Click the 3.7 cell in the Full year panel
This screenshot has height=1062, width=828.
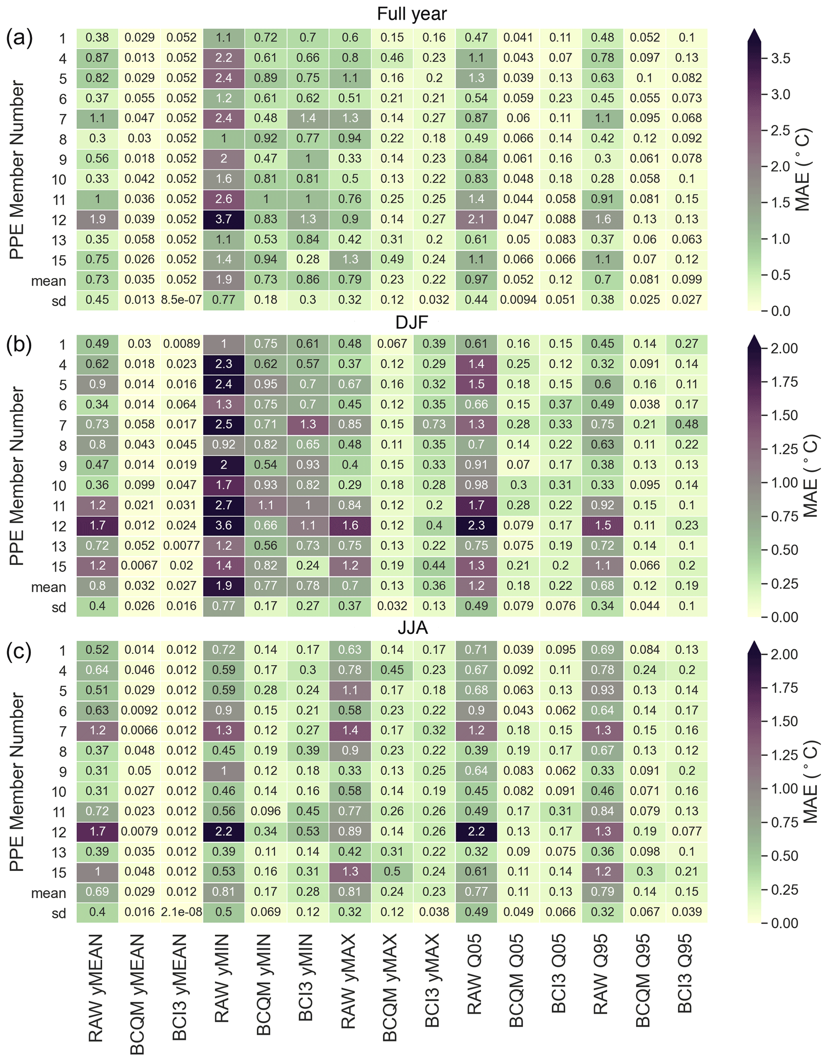(x=224, y=219)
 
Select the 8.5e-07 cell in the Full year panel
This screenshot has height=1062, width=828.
(x=181, y=300)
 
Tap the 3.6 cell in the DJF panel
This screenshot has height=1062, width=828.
(x=224, y=526)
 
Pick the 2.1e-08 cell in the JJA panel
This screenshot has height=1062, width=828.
(x=181, y=912)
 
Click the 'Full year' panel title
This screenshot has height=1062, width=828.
(x=412, y=14)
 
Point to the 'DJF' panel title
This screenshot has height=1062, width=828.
(x=412, y=322)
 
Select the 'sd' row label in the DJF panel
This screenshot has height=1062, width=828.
(x=59, y=607)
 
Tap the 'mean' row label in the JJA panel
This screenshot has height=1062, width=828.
(x=48, y=893)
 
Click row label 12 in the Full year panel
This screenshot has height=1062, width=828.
(x=59, y=220)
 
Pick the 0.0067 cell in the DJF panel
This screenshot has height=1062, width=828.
(x=139, y=566)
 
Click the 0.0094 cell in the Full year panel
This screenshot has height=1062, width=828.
(x=518, y=300)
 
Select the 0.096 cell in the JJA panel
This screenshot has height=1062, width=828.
(x=266, y=811)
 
